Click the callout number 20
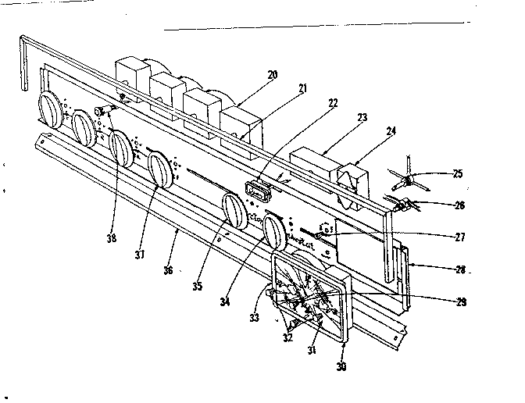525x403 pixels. pyautogui.click(x=272, y=75)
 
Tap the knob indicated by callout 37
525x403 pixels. pyautogui.click(x=162, y=170)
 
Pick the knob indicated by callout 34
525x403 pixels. pyautogui.click(x=274, y=233)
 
